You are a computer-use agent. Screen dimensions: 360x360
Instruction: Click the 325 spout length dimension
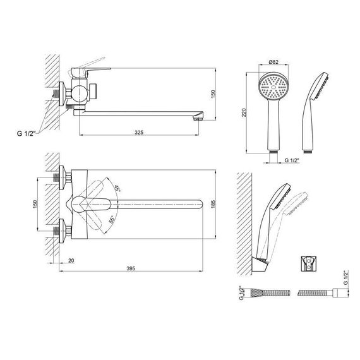click(x=139, y=132)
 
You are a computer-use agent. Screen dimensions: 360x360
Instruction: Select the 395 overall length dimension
click(x=131, y=268)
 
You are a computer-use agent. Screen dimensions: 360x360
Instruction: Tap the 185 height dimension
click(x=213, y=204)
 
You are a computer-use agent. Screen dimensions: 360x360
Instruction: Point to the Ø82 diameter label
click(x=273, y=62)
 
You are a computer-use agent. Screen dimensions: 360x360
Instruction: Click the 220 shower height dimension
click(x=244, y=112)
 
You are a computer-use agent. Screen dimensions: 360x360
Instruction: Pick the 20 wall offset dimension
click(x=71, y=261)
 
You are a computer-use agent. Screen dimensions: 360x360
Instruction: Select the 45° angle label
click(x=117, y=188)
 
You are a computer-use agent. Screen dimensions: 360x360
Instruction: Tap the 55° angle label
click(x=112, y=220)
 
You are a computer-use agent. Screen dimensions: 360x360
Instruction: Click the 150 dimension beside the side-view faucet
click(x=213, y=94)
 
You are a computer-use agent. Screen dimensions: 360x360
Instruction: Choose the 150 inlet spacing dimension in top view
click(x=35, y=204)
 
